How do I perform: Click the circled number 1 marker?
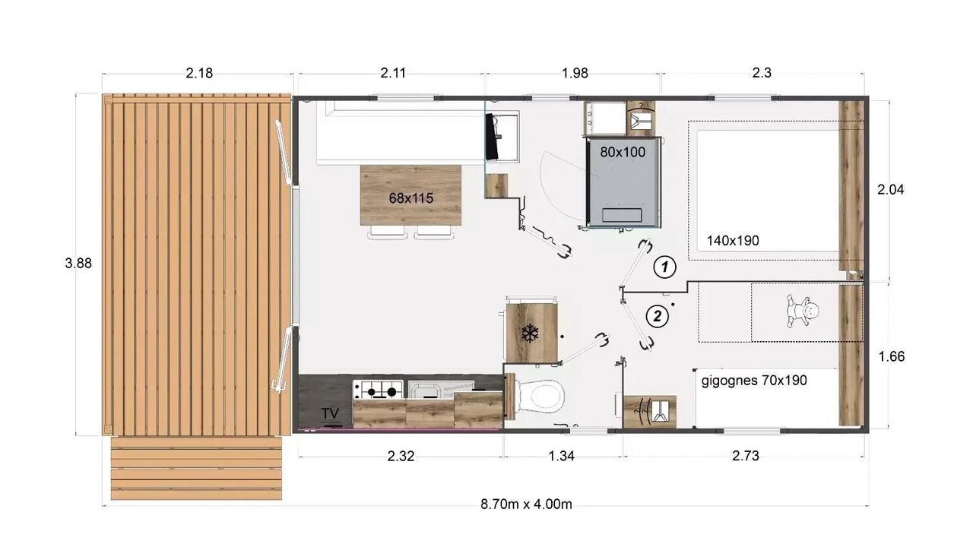664,267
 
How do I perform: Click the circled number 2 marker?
658,316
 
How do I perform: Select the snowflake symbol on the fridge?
530,333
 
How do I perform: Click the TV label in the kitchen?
330,413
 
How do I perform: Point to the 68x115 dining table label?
411,198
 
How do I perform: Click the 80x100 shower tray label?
623,152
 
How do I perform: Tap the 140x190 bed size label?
733,241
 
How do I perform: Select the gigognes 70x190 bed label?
754,381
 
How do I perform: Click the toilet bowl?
540,397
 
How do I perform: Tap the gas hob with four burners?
378,390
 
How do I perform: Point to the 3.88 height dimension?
78,263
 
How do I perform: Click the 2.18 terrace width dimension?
199,73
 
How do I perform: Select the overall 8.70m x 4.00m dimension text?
526,504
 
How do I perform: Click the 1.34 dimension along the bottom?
561,456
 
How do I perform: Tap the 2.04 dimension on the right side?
890,190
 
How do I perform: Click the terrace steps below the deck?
196,468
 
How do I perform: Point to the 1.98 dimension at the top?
575,73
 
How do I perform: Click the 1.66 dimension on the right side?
892,356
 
